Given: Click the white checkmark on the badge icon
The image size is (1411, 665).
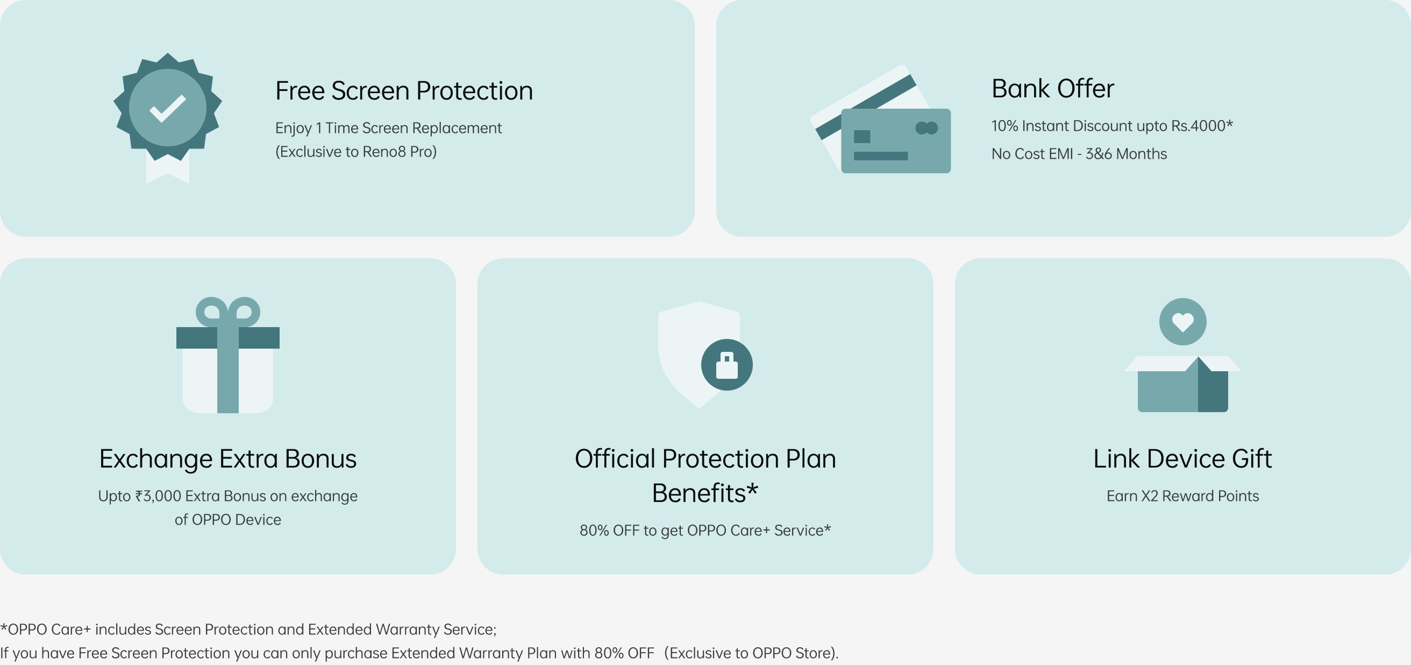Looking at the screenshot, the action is (x=168, y=108).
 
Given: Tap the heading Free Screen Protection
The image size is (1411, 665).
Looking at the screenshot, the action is (x=404, y=90).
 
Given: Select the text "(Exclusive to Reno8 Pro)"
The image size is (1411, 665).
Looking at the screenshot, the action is (x=356, y=151).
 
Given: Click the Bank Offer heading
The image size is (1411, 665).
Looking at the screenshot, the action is (x=1052, y=88).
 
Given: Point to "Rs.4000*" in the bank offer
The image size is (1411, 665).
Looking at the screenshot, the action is (x=1202, y=125).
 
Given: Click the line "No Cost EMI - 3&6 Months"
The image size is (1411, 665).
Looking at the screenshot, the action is (x=1079, y=153).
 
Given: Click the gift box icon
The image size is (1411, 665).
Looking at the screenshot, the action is (x=228, y=355).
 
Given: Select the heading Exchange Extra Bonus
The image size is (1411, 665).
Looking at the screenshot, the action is (x=228, y=458).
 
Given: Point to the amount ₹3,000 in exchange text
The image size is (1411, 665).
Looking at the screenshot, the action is (x=158, y=496).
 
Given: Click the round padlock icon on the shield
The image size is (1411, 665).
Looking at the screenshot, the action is (x=727, y=365).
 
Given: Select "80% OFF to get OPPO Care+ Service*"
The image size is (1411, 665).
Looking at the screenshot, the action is (x=705, y=530).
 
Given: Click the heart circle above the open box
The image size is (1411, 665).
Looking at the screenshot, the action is (x=1182, y=322).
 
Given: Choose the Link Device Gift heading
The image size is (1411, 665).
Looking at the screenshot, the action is (x=1182, y=458).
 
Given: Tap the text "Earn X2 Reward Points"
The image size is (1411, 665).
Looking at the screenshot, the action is (x=1182, y=496).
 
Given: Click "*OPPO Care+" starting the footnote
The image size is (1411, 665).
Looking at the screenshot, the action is (x=46, y=629).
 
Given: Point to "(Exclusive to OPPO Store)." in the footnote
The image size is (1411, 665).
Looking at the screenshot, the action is (x=752, y=653).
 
